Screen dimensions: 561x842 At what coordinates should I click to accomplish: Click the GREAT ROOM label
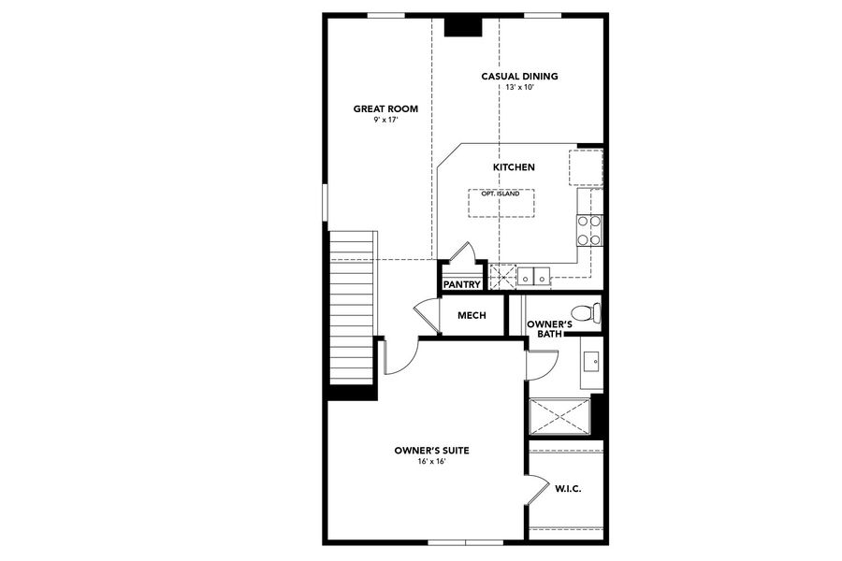tap(385, 109)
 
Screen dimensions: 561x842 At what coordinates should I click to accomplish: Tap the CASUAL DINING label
tap(519, 77)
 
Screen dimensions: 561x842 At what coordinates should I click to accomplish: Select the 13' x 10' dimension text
tap(519, 87)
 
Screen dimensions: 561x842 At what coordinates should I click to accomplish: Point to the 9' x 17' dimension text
tap(385, 120)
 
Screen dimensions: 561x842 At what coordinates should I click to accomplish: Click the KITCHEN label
tap(514, 167)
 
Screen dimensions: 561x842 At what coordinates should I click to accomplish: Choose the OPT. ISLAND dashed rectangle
tap(501, 203)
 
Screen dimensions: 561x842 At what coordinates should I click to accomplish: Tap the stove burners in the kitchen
tap(588, 230)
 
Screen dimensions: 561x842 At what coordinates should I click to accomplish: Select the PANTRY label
tap(461, 284)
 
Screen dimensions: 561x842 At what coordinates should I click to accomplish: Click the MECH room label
tap(472, 315)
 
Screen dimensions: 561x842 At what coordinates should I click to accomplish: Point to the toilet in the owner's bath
tap(585, 311)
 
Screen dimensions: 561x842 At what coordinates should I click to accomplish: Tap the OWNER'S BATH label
tap(544, 328)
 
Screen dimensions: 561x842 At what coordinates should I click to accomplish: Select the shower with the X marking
tap(559, 416)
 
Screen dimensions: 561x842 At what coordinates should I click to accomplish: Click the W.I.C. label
tap(569, 488)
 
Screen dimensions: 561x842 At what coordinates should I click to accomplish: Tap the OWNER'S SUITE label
tap(431, 451)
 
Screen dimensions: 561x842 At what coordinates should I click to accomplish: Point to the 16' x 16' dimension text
tap(431, 461)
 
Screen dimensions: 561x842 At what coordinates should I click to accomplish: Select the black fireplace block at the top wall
tap(462, 26)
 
